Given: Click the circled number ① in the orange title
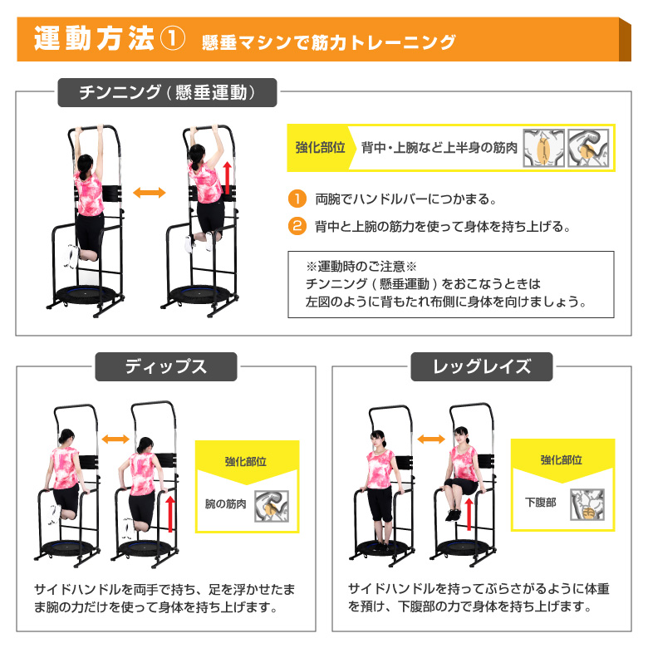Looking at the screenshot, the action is (x=172, y=39).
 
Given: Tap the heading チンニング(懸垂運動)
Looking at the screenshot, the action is (x=167, y=92).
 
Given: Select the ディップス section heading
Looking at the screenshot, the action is (x=166, y=366).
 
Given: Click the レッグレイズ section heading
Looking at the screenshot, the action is (x=482, y=366).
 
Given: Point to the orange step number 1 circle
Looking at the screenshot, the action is (x=297, y=199).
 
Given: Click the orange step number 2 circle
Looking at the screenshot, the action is (x=297, y=226).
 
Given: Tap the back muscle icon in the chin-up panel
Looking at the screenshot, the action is (x=543, y=148).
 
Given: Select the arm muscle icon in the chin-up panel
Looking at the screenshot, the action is (x=588, y=148).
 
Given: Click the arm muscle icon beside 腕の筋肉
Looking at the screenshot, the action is (x=271, y=506).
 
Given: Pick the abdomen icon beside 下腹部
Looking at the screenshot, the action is (x=587, y=504).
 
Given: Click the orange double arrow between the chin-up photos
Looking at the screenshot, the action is (x=150, y=192).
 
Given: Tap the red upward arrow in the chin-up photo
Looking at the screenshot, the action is (x=227, y=178).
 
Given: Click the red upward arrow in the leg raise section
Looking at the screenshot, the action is (x=469, y=514).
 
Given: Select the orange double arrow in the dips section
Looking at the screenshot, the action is (x=115, y=439).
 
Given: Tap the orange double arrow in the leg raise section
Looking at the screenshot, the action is (x=431, y=439).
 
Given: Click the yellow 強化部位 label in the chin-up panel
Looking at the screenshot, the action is (x=321, y=148).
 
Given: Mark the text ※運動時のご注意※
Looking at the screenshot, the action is (x=361, y=267).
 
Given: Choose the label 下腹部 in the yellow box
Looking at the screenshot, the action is (x=540, y=503).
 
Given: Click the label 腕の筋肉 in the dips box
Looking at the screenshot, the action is (x=225, y=504).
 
